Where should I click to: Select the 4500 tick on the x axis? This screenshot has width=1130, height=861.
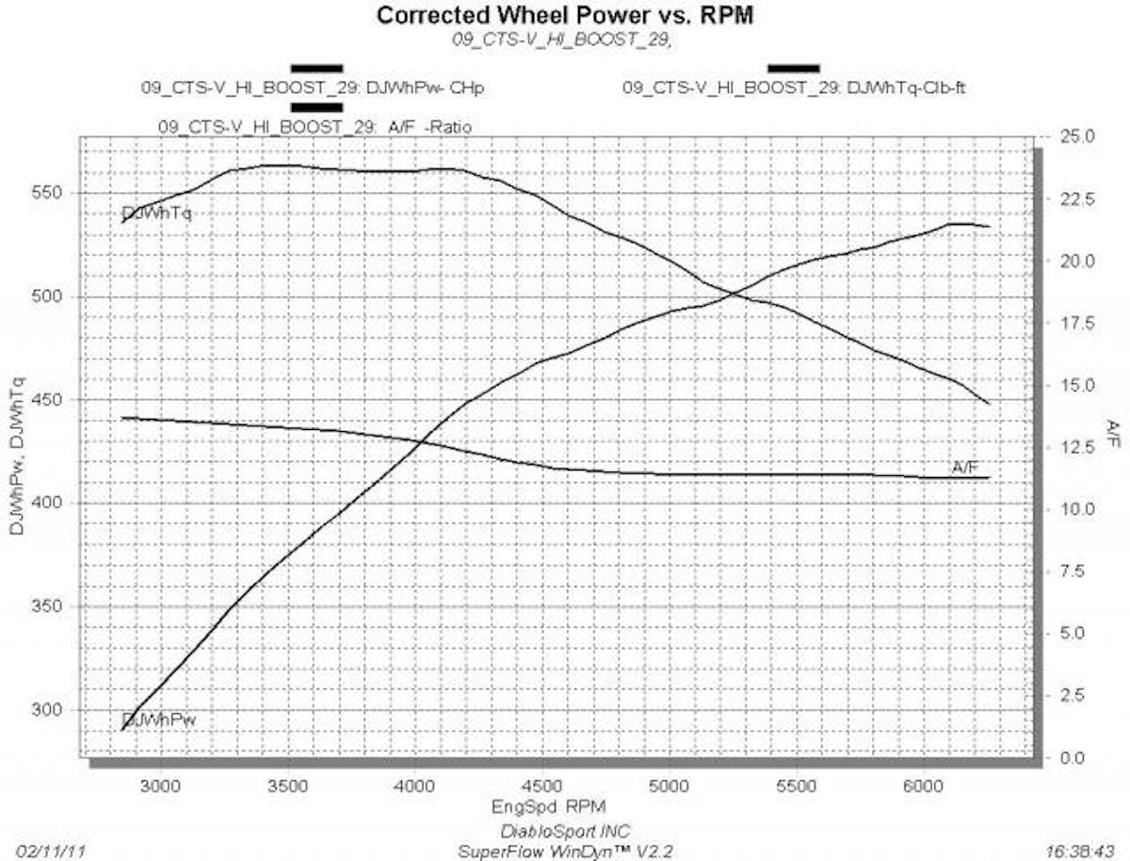pos(541,783)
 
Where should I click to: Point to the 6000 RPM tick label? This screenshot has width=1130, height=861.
pos(923,783)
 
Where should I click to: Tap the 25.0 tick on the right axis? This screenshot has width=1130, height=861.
pos(1075,137)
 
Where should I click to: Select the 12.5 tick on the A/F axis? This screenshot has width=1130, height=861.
pos(1075,448)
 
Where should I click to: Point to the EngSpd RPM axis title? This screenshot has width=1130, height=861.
pos(548,806)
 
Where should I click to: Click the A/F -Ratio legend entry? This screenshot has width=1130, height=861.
pos(315,126)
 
